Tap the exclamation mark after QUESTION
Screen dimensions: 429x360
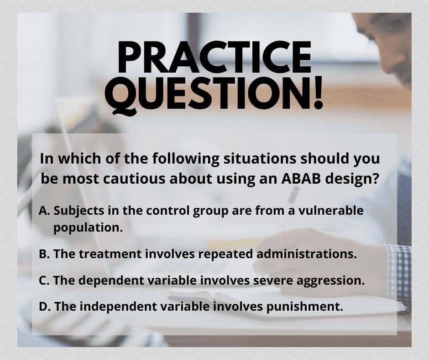(318, 92)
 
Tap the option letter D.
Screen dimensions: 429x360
(44, 306)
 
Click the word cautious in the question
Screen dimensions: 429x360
(134, 179)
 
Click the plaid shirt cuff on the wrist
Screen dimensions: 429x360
(398, 274)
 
